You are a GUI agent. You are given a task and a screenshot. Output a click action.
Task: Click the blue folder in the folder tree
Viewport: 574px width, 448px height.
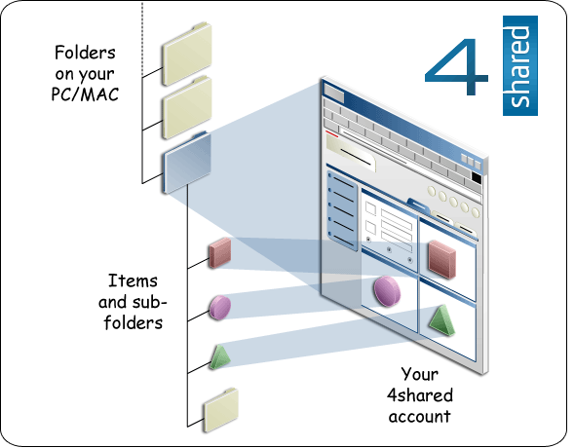pos(187,162)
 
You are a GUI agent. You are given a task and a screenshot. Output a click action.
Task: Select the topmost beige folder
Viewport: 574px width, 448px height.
pos(187,55)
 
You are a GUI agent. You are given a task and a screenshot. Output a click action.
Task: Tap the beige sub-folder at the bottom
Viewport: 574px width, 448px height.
pos(221,410)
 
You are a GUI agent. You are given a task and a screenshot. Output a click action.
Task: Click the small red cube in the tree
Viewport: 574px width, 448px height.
pos(220,252)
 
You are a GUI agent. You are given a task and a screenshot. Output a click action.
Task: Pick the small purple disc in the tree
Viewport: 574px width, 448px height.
pos(220,308)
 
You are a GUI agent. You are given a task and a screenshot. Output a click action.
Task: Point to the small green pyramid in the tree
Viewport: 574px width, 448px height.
pos(219,357)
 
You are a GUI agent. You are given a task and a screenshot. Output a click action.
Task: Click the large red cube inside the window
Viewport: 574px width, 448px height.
pos(442,259)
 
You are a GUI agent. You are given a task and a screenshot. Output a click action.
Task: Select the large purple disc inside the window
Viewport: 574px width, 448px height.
pos(387,291)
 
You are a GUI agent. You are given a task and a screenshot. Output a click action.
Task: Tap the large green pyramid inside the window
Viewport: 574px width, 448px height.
pos(441,320)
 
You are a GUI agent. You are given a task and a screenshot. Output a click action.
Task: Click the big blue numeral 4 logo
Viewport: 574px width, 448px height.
pos(456,66)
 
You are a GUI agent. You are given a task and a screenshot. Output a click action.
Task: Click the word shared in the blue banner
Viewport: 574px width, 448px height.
pos(519,66)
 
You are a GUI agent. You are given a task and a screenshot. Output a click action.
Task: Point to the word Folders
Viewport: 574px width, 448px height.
pos(85,53)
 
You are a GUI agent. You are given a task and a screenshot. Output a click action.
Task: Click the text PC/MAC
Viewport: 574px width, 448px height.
pos(85,94)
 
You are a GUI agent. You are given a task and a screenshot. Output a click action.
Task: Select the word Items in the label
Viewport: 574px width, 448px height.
pos(133,280)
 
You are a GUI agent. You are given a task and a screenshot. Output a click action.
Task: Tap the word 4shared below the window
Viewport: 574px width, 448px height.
pos(420,395)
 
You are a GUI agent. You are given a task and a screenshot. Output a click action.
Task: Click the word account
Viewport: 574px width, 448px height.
pos(419,417)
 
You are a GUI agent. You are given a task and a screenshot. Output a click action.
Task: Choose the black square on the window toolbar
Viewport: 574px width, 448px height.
pos(477,177)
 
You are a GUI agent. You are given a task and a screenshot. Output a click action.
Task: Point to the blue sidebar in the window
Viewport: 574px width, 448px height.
pos(342,211)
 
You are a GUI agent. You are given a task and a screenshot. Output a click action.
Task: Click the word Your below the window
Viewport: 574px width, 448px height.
pos(419,374)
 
